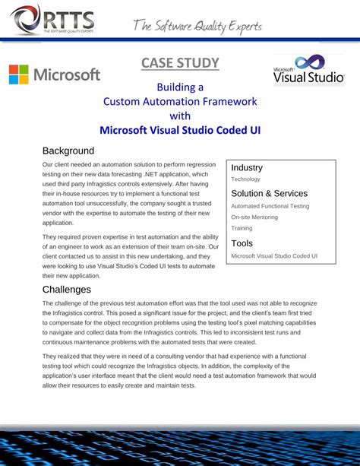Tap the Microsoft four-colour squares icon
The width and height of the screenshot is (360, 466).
point(19,74)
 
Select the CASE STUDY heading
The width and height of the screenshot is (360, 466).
point(180,63)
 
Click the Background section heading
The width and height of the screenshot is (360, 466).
point(68,151)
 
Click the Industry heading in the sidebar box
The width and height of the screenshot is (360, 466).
point(247,167)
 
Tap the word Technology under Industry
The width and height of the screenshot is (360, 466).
point(245,179)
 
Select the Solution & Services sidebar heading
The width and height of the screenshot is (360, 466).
point(269,193)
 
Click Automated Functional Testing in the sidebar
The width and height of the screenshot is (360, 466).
point(270,206)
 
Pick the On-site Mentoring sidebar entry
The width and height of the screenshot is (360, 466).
point(254,217)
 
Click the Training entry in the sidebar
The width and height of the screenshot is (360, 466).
point(242,228)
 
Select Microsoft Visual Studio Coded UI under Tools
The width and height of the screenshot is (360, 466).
point(274,256)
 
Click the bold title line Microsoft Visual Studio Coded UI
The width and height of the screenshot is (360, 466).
point(180,130)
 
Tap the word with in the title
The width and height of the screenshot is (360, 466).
point(180,116)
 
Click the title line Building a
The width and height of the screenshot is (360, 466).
point(180,87)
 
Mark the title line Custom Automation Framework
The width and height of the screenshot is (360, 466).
point(180,101)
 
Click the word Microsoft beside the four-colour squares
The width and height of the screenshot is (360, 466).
point(67,74)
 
